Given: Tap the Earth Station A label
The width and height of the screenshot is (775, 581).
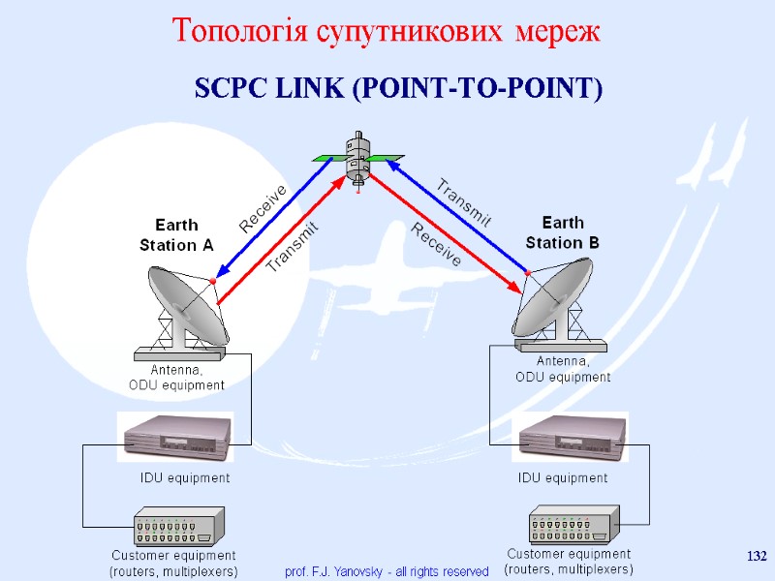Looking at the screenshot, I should (176, 235).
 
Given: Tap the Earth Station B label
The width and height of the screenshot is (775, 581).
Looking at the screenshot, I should (562, 232).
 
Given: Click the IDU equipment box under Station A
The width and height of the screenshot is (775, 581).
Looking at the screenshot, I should (175, 438).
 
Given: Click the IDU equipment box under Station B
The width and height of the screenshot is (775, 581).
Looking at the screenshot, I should (575, 438).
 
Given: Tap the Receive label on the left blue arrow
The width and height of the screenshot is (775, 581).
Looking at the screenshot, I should (263, 208).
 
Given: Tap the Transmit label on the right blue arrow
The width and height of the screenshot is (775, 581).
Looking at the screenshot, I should (465, 201).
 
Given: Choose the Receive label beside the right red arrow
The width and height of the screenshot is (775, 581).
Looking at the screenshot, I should (437, 244).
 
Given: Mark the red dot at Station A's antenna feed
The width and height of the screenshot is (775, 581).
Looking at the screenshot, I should (213, 281).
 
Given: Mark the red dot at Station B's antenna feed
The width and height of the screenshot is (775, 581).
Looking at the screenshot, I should (528, 275).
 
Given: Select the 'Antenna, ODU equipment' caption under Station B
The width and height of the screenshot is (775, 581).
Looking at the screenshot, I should (563, 370).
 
